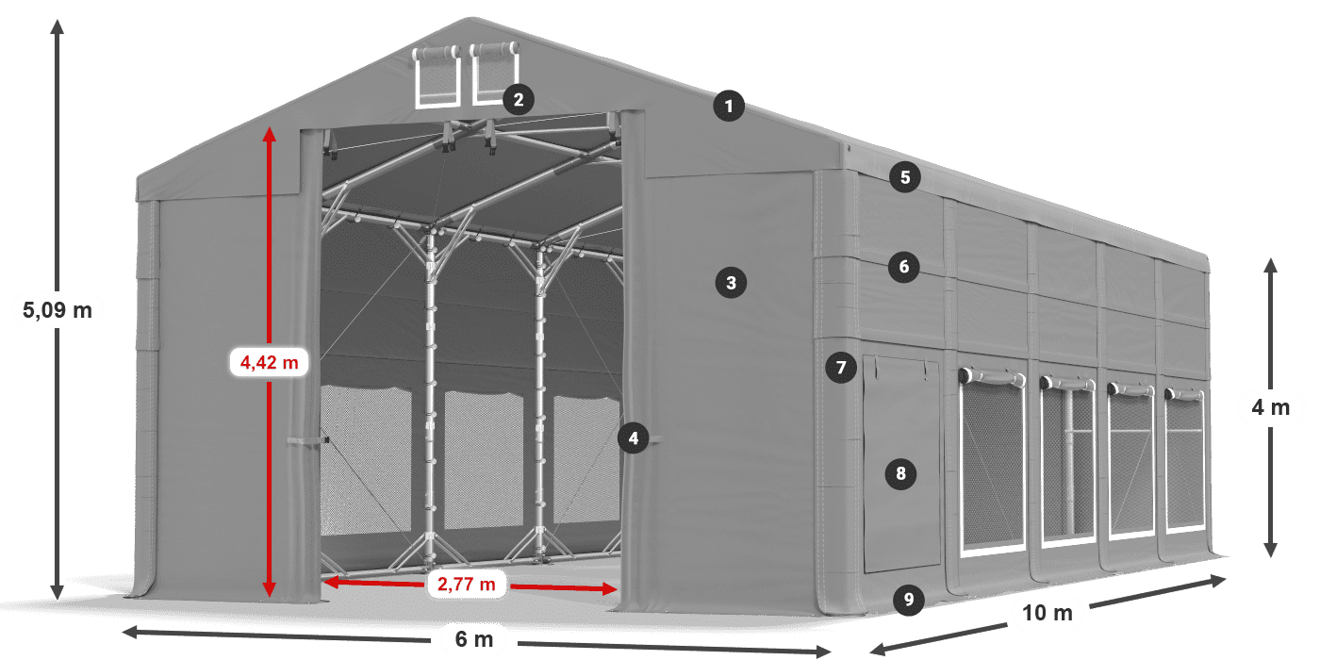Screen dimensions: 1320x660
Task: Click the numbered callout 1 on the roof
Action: (729, 106)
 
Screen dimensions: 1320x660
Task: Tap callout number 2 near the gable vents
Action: (519, 100)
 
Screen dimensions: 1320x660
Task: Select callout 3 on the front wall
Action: (731, 283)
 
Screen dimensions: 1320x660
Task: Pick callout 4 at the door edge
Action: (634, 438)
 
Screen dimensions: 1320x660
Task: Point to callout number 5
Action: (905, 177)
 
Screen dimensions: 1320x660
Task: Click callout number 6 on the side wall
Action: (904, 267)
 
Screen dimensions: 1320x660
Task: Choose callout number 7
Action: (841, 368)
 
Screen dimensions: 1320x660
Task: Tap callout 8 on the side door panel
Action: (900, 473)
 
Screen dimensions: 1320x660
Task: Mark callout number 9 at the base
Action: (909, 600)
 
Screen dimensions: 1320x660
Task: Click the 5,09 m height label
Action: (58, 310)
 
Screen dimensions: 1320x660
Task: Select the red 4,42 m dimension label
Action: (270, 362)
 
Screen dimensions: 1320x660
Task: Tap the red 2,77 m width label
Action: (466, 584)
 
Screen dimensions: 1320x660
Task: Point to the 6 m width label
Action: (473, 639)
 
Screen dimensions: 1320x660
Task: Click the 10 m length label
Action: (1048, 613)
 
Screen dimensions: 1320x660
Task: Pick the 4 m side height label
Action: (1271, 407)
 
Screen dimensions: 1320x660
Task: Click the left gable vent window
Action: (437, 76)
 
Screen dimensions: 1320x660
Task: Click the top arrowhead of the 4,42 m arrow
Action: (270, 135)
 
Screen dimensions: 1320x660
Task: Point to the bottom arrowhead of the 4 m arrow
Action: (1271, 549)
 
